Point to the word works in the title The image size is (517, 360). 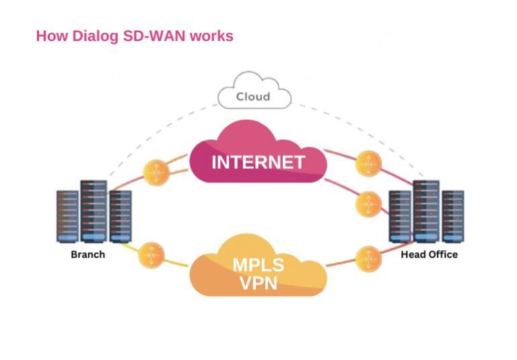(x=210, y=36)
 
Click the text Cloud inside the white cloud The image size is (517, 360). (x=253, y=97)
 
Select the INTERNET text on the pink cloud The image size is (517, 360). (x=258, y=162)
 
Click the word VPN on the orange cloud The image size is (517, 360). (x=258, y=283)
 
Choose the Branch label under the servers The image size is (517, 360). (x=88, y=255)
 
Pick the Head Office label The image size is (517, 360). (x=429, y=255)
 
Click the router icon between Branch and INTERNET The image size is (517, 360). (x=156, y=173)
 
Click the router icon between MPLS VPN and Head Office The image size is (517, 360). (x=368, y=258)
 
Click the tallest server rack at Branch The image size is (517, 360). (x=94, y=211)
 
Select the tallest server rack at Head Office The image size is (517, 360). (x=426, y=211)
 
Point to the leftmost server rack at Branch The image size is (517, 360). (x=68, y=216)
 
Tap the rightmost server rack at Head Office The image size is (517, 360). (x=452, y=216)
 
